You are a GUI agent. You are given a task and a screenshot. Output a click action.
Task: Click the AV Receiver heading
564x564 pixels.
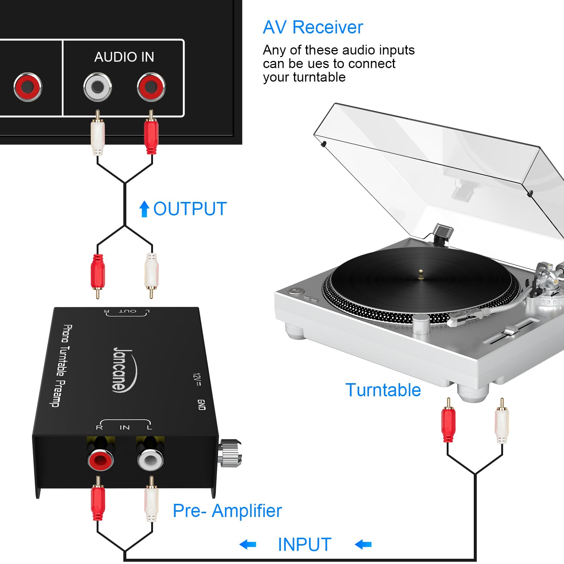tap(313, 27)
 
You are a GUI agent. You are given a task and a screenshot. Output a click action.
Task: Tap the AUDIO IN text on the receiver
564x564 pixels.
tap(124, 57)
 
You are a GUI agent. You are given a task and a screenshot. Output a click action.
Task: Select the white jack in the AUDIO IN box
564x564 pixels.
tap(97, 87)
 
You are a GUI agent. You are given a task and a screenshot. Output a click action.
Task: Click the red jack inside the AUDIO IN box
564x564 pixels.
tap(151, 87)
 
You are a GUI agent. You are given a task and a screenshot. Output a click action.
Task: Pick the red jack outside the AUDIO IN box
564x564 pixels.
tap(27, 87)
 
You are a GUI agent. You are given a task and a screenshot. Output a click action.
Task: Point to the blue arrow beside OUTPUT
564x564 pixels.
tap(144, 209)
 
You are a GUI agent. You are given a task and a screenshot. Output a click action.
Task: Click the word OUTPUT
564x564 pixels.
tap(190, 209)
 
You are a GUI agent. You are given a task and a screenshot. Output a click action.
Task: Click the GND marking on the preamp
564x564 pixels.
tap(202, 405)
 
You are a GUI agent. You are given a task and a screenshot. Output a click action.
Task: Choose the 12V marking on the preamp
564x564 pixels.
tap(196, 380)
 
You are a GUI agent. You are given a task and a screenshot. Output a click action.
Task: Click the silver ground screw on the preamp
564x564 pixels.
tap(230, 453)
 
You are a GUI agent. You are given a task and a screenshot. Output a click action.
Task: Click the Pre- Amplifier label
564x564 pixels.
tap(227, 511)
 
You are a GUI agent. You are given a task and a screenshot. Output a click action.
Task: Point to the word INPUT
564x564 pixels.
tap(305, 544)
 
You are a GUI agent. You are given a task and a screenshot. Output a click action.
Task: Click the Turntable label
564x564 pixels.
tap(383, 390)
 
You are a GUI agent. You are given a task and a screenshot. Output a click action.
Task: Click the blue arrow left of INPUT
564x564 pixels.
tap(248, 544)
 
